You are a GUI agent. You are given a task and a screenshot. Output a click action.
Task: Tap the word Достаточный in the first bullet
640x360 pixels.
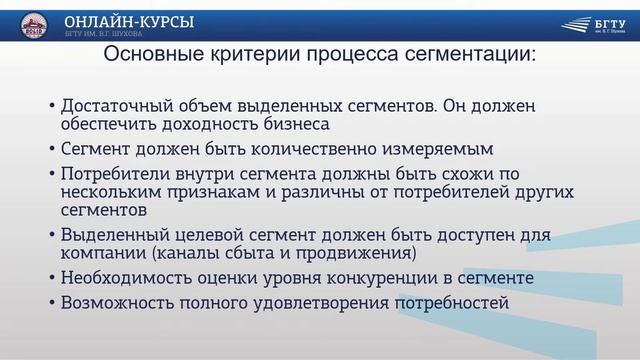click(x=118, y=105)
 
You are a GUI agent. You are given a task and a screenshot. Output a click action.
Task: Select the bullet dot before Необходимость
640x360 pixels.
click(x=51, y=279)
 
